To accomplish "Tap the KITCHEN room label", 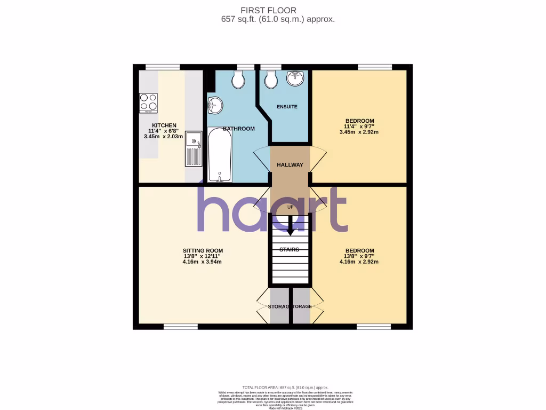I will tap(164, 125).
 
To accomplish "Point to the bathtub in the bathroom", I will tap(219, 155).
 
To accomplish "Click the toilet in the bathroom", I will tap(238, 80).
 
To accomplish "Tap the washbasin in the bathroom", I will tap(215, 105).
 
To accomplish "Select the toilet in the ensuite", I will tap(271, 80).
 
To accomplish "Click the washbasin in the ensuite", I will tap(294, 78).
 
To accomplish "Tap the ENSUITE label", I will tap(287, 107).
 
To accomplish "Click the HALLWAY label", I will tap(290, 165).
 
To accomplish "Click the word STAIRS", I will tap(290, 249).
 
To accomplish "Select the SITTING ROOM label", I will tap(203, 250).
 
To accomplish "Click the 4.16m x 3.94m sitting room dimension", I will tap(203, 262).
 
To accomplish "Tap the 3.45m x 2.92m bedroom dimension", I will tap(359, 132).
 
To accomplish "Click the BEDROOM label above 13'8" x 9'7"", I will tap(359, 250).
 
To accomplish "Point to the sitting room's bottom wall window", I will tap(177, 327).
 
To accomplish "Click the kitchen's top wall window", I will tap(163, 67).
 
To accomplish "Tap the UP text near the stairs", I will tap(290, 207).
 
